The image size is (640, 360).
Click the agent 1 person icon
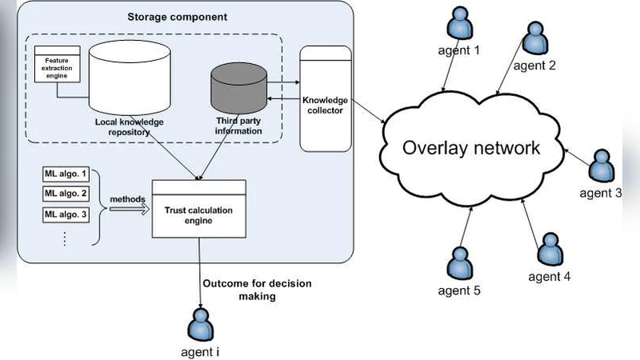pyautogui.click(x=460, y=24)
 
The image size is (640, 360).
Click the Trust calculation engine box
pyautogui.click(x=199, y=209)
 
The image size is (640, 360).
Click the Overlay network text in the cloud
pyautogui.click(x=471, y=148)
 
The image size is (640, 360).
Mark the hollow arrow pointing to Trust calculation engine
pyautogui.click(x=128, y=208)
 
